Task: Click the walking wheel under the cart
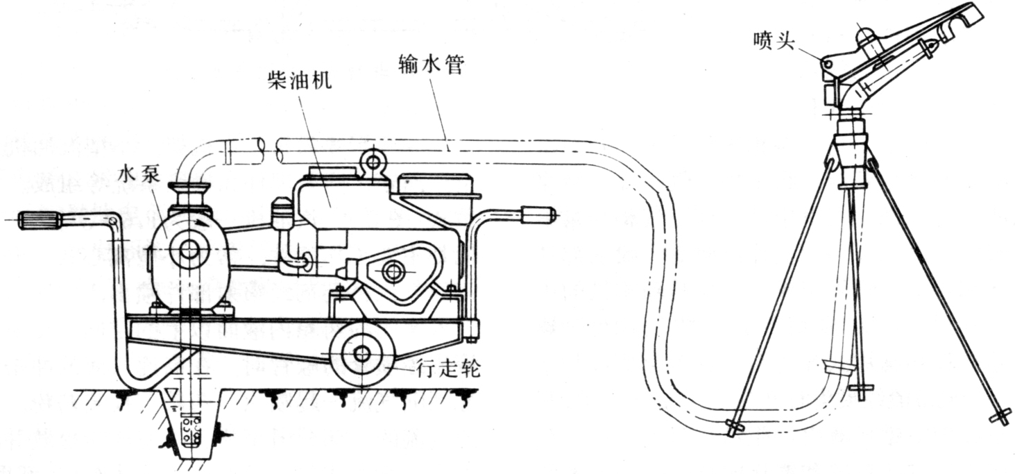(361, 354)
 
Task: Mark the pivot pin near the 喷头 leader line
(828, 63)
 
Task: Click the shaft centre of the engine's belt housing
(393, 271)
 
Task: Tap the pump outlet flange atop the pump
(189, 189)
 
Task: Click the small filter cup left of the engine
(282, 214)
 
